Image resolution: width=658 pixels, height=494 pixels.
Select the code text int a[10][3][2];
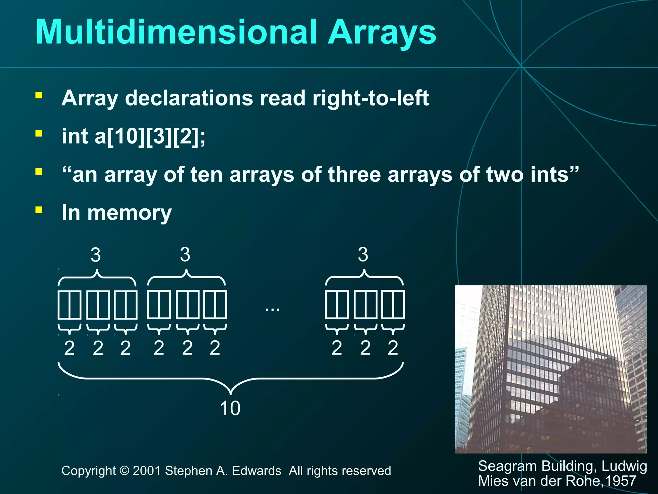(133, 136)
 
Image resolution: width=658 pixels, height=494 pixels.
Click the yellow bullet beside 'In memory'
(39, 210)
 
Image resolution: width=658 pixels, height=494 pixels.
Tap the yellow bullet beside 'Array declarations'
(39, 95)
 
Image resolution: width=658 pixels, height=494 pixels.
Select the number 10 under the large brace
(230, 408)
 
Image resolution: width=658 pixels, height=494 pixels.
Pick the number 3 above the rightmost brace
(363, 255)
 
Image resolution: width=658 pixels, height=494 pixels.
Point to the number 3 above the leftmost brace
(95, 255)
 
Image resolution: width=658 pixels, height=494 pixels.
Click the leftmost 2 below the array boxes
(69, 348)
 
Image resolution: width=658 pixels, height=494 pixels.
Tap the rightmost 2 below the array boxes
(393, 348)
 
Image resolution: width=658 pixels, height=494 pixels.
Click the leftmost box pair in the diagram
(69, 304)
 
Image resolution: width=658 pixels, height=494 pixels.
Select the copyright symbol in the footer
(124, 471)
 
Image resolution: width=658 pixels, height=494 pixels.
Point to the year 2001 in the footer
(147, 471)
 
